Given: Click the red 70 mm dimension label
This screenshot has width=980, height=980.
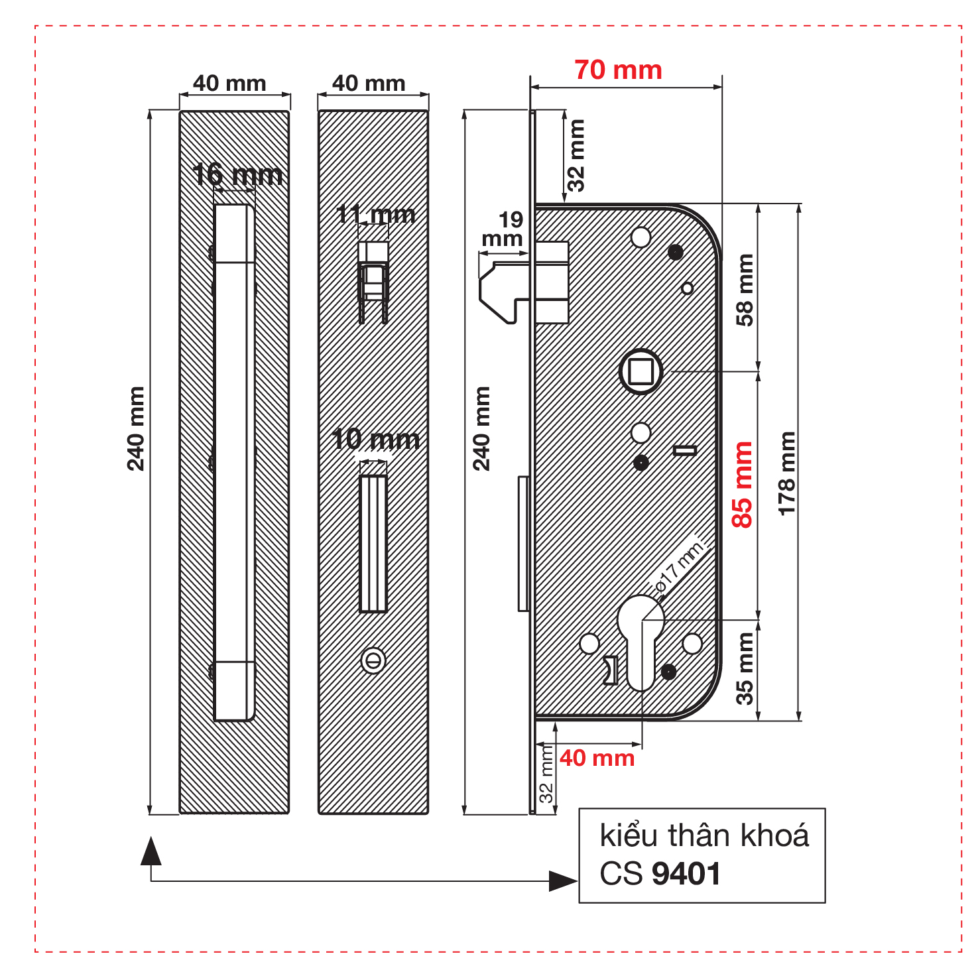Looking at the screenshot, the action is point(618,70).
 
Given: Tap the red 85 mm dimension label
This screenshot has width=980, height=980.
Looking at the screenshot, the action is point(743,485).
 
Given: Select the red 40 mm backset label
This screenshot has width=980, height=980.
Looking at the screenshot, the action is point(597,758).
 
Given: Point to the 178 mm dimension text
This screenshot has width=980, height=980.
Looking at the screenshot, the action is point(786,473).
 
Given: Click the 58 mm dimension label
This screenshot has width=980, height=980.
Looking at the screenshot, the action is point(745,290).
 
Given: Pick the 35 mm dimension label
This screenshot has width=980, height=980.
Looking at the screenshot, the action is point(745,668).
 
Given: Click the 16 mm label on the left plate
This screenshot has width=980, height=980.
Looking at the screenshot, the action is point(238,175).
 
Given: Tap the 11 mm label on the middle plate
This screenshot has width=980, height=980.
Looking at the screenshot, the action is point(376,214).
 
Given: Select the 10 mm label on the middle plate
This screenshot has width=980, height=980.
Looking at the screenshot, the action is point(375,440).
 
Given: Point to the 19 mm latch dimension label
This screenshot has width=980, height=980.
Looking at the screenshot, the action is point(503,229).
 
